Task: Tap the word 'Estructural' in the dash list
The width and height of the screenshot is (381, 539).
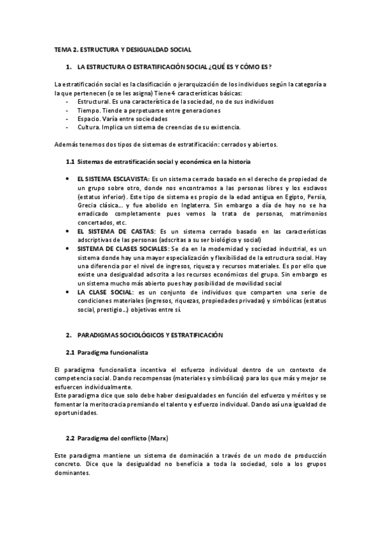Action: click(92, 102)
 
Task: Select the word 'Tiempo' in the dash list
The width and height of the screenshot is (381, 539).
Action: click(88, 110)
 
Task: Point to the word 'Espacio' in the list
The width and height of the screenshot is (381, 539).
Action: click(88, 118)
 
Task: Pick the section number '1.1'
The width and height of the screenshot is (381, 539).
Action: click(71, 161)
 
